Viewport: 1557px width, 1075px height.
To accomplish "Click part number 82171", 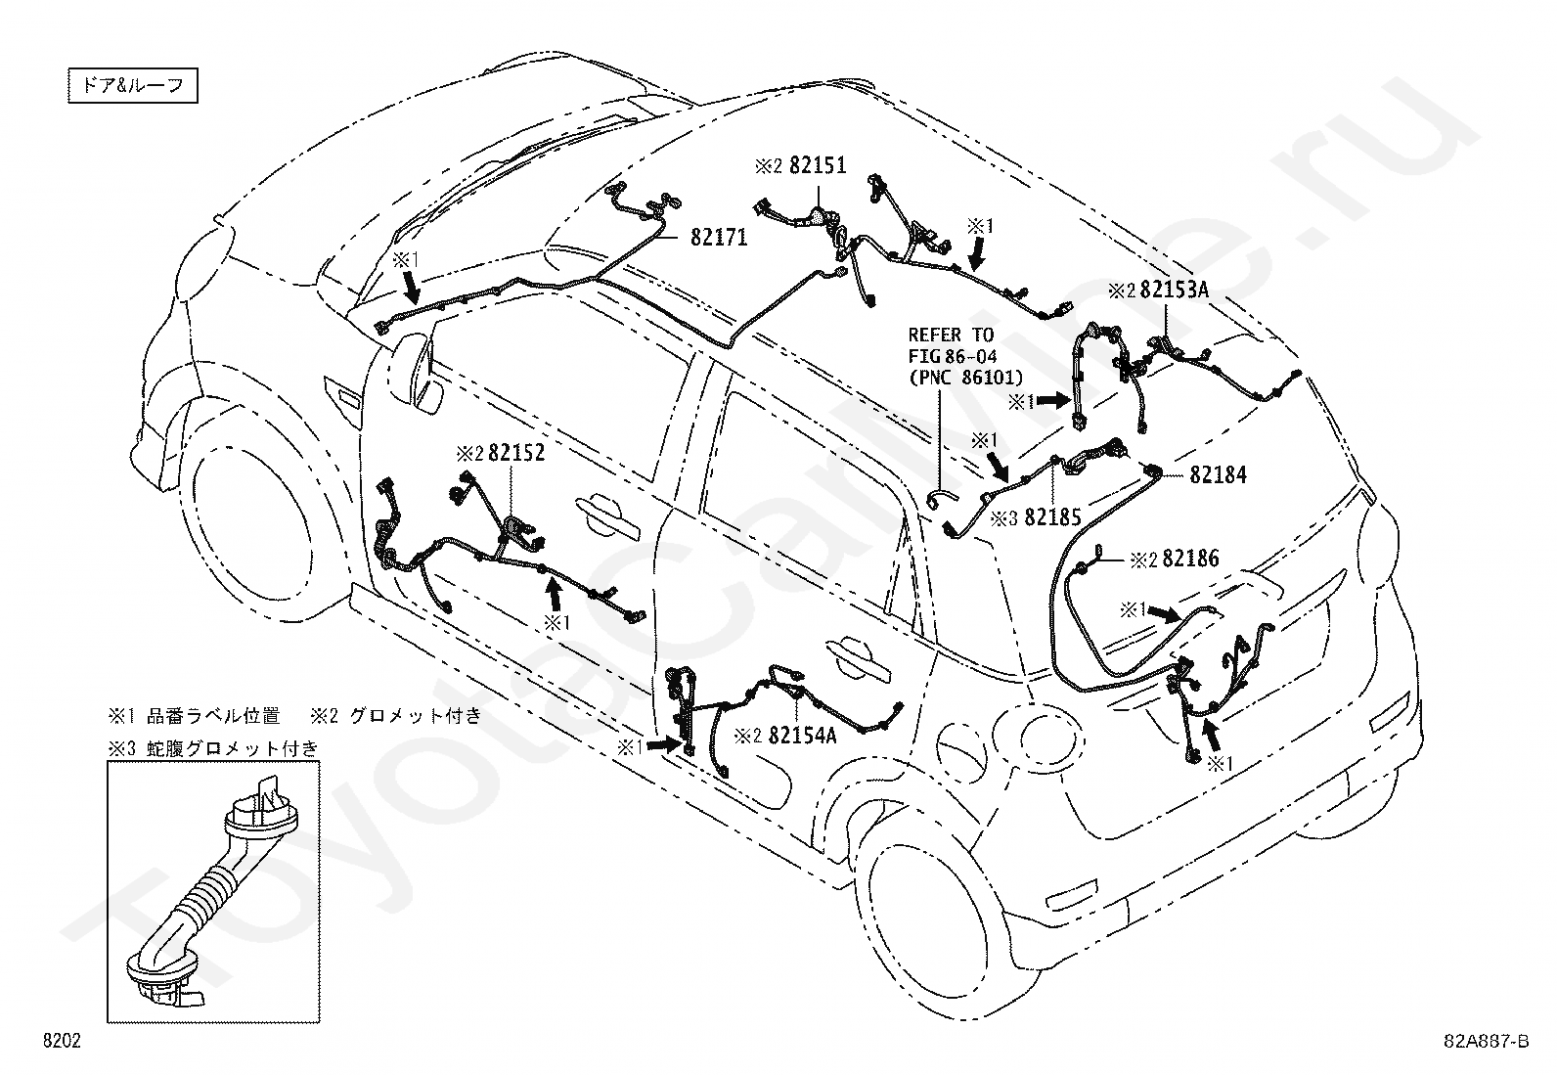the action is click(x=719, y=238).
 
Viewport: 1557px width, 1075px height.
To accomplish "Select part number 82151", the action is click(x=819, y=165).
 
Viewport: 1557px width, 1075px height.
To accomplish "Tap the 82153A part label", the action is click(x=1175, y=290).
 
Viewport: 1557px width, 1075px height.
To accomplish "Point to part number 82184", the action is click(x=1219, y=475).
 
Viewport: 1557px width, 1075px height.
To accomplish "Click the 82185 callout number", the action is click(x=1053, y=517).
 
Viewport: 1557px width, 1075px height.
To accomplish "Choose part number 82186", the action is click(x=1190, y=559).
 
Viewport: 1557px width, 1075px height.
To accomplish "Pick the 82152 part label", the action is click(x=516, y=453).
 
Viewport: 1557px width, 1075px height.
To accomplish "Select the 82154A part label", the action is click(x=803, y=735).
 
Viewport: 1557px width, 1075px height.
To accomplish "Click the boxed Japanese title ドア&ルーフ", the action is click(x=133, y=85).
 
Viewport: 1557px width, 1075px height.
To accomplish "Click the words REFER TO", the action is click(x=951, y=336).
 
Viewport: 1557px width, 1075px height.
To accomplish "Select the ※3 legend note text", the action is click(x=212, y=748).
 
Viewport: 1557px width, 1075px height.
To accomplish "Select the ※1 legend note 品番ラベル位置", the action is click(x=194, y=715).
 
